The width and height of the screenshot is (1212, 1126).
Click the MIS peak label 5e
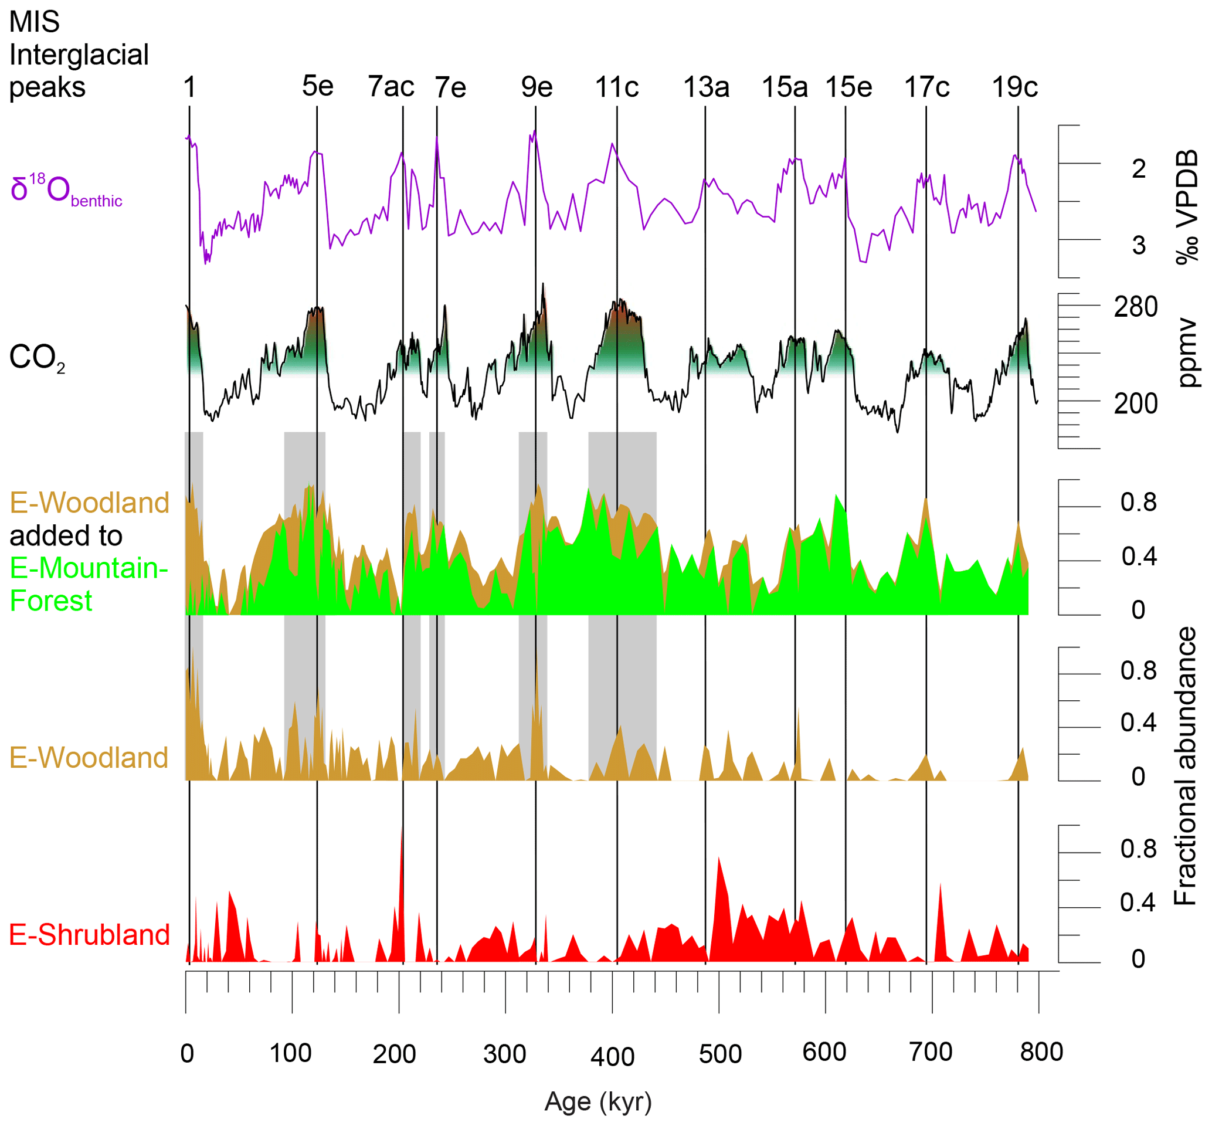click(317, 87)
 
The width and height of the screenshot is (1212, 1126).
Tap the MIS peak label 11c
click(616, 87)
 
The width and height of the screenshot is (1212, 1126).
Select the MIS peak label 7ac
click(391, 87)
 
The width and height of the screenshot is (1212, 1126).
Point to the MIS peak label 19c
click(1014, 87)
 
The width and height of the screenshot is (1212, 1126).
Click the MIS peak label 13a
click(706, 87)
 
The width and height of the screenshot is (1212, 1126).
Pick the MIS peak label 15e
click(848, 87)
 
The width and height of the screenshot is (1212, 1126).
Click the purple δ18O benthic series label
click(66, 190)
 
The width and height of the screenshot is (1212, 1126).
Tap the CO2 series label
click(36, 358)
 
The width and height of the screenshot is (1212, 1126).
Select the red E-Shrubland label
click(89, 935)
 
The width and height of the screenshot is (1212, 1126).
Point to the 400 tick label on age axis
click(612, 1056)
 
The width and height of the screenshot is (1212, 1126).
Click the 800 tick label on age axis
click(1041, 1052)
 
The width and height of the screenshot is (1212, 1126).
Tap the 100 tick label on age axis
click(290, 1053)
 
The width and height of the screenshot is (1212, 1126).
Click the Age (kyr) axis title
click(598, 1101)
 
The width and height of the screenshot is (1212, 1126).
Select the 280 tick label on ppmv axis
click(1135, 307)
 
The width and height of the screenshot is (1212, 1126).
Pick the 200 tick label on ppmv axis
click(1135, 404)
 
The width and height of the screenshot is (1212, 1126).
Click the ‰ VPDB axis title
click(1186, 207)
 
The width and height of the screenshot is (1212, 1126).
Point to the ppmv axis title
click(1186, 353)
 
